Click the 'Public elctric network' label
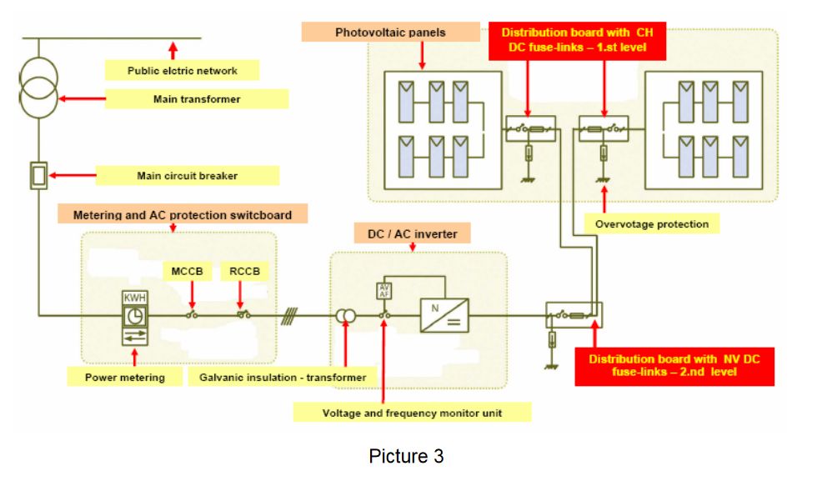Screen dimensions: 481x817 tap(182, 71)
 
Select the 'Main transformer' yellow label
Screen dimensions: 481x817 tap(197, 99)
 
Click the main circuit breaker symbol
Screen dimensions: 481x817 tap(38, 175)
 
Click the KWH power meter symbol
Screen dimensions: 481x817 tap(133, 317)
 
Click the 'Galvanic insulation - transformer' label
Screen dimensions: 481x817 tap(283, 378)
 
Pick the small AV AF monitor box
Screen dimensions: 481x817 tap(384, 290)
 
